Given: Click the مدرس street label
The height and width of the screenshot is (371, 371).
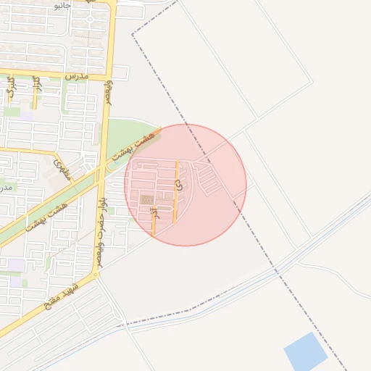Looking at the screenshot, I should point(75,75).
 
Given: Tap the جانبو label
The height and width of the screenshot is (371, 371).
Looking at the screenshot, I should point(61,5).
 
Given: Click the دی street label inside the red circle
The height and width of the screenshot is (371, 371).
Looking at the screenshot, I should point(178,185).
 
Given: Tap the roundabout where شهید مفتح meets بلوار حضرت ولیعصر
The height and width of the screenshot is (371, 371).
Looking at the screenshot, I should point(96,275).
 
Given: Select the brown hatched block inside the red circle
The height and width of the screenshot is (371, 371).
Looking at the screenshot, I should point(147,199).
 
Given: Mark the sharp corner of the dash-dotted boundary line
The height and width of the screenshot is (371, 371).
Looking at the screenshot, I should point(132,34).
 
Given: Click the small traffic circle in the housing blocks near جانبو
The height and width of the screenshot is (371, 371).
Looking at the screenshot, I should point(90,20).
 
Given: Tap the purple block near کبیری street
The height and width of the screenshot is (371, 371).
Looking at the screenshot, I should point(26,114).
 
